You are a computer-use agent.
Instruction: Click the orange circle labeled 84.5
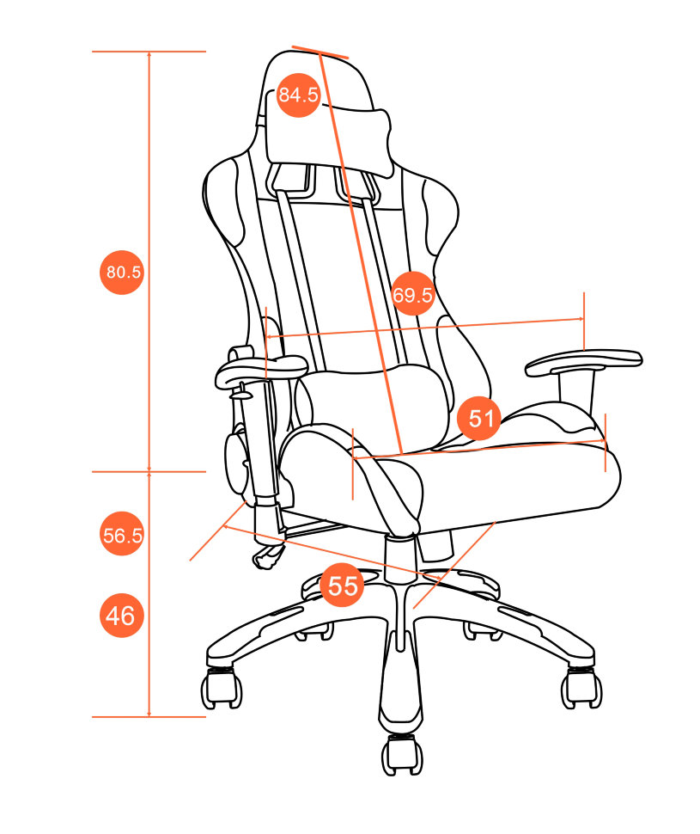[298, 95]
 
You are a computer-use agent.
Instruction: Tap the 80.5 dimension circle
[122, 272]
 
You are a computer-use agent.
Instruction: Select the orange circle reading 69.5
[412, 293]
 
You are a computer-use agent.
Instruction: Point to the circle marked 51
[479, 418]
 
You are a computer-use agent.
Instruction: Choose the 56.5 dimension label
[122, 534]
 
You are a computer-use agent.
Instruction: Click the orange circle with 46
[122, 616]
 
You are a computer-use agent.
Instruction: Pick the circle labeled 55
[343, 585]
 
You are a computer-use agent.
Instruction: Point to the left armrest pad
[260, 371]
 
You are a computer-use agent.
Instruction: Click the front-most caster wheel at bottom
[402, 754]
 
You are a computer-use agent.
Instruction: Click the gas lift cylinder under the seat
[400, 555]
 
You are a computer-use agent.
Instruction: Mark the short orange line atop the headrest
[320, 52]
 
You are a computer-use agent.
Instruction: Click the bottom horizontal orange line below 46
[149, 716]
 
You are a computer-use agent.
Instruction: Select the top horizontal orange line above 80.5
[149, 52]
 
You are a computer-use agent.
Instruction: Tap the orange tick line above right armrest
[584, 321]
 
